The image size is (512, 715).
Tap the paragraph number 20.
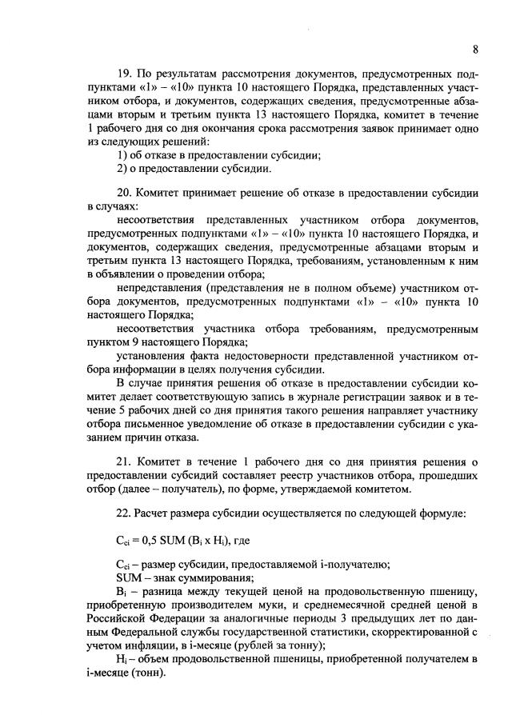pos(124,193)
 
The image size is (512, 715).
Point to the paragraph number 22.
pos(124,511)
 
